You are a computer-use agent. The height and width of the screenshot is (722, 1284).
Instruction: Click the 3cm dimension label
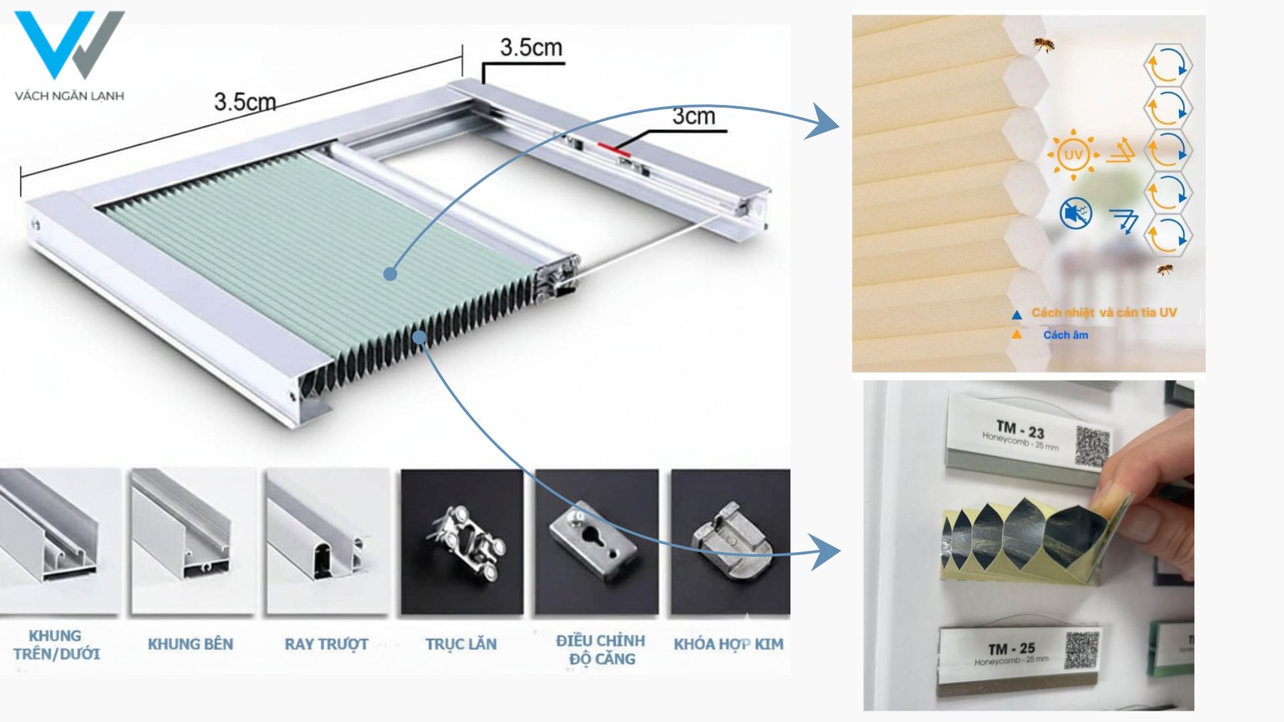point(693,116)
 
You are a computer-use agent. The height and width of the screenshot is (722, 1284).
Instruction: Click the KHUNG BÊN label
point(191,644)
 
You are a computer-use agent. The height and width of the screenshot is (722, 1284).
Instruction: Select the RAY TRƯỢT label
point(326,644)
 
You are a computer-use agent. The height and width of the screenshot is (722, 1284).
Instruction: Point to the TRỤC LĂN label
point(461,644)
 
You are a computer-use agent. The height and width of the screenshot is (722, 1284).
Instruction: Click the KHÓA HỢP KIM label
point(728,644)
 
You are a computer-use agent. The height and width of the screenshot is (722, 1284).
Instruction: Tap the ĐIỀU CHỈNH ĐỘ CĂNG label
point(601,650)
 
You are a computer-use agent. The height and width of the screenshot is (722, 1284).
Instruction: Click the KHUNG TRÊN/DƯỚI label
point(56,644)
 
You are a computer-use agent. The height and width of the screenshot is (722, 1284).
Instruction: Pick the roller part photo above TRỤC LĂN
point(462,541)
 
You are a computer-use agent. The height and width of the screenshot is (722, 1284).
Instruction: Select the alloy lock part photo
point(730,541)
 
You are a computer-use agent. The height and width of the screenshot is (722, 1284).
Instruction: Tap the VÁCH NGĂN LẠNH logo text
point(70,96)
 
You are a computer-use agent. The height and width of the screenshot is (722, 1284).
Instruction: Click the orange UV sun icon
point(1073,155)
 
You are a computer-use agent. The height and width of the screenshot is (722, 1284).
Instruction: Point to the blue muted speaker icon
point(1076,214)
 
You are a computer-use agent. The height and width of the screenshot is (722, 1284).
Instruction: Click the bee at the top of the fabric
point(1043,45)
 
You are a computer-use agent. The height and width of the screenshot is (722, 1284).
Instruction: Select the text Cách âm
point(1065,336)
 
